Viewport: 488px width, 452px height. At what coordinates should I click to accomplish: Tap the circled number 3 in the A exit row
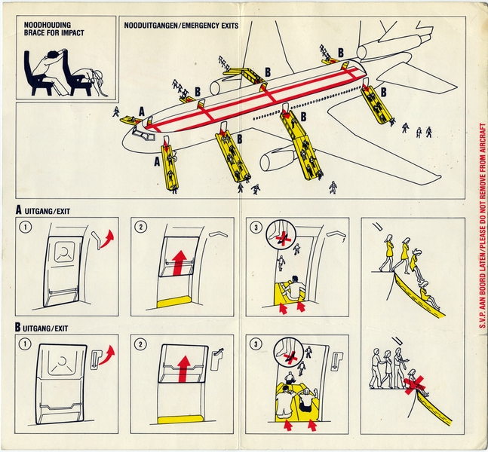(x=257, y=227)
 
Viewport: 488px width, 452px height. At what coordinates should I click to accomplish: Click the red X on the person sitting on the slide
(x=413, y=386)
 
